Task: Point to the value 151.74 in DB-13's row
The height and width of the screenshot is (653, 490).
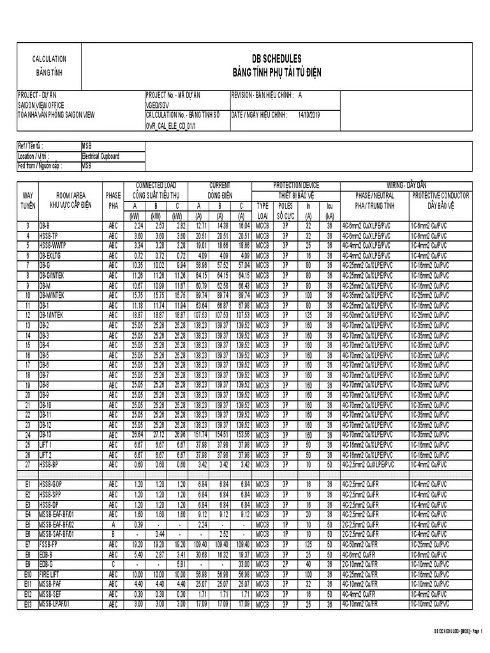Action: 200,436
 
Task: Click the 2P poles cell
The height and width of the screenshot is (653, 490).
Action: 285,564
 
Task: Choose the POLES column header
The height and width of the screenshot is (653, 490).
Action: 285,206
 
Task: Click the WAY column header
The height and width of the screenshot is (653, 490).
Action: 27,194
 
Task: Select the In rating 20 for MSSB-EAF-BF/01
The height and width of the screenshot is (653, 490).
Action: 308,514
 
